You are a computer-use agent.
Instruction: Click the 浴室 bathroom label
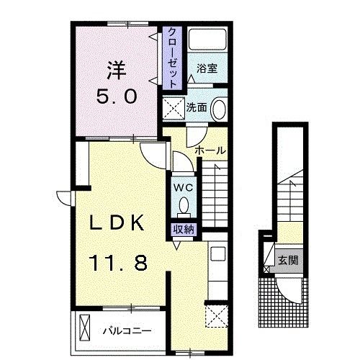click(x=207, y=68)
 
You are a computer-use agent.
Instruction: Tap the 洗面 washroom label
click(x=197, y=107)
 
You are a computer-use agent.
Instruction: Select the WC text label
click(x=184, y=188)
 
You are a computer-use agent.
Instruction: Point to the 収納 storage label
click(x=184, y=230)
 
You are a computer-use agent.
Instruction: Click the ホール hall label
click(x=210, y=150)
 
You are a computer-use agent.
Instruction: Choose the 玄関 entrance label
click(x=288, y=260)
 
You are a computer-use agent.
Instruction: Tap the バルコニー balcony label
click(x=127, y=331)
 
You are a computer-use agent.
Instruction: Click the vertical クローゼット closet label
click(x=172, y=58)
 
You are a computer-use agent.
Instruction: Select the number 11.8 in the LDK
click(x=118, y=263)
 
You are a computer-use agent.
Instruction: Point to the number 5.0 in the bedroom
click(x=117, y=96)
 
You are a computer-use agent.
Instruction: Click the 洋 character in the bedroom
click(x=117, y=70)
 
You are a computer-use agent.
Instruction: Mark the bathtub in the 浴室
click(x=207, y=40)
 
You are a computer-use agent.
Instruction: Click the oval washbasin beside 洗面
click(x=219, y=109)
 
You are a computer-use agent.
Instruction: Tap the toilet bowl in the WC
click(x=184, y=205)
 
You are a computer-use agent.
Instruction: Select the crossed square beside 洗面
click(x=174, y=108)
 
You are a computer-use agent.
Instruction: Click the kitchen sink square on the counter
click(x=217, y=253)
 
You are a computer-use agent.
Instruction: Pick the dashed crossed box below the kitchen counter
click(x=216, y=315)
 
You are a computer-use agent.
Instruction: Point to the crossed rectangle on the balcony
click(x=84, y=328)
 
